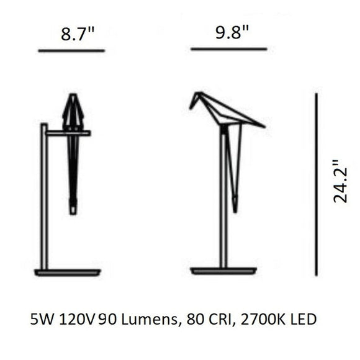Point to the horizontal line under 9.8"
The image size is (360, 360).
[x=228, y=48]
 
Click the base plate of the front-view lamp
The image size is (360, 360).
[x=68, y=272]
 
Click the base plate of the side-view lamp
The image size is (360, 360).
[x=223, y=271]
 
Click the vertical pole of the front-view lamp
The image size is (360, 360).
[x=45, y=199]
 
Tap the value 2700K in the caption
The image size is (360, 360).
[x=266, y=320]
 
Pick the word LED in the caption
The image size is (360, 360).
[x=305, y=320]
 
